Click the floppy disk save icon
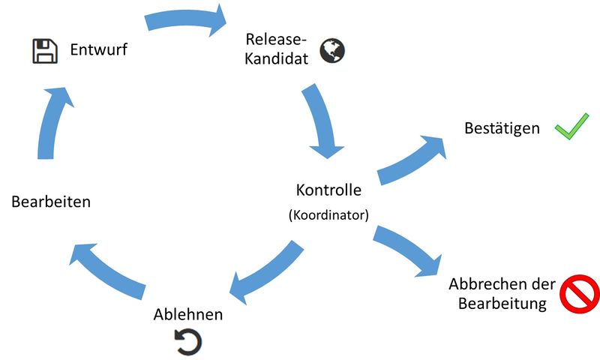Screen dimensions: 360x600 [x=44, y=51]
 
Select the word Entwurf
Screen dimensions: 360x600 [x=100, y=51]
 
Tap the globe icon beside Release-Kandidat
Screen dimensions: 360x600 [x=332, y=51]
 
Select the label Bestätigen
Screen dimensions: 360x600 [x=502, y=128]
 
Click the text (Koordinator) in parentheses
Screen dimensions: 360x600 [x=328, y=214]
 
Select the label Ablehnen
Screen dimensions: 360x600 [x=188, y=314]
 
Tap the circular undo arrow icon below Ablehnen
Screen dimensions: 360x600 [x=188, y=342]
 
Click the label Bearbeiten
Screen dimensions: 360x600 [x=51, y=202]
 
